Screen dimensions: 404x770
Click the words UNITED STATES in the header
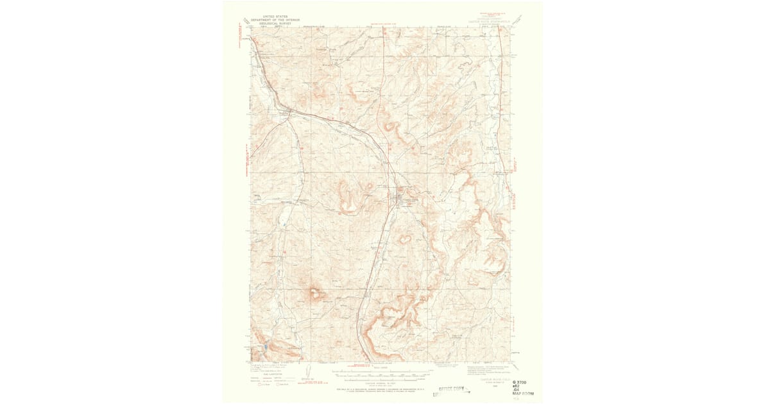click(x=270, y=16)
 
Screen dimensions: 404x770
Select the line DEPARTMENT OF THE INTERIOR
click(x=270, y=20)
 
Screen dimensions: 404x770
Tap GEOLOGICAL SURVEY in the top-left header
click(x=270, y=24)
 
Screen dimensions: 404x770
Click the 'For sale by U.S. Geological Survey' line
click(x=382, y=389)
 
